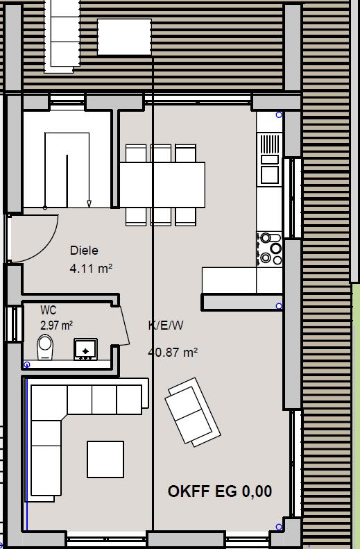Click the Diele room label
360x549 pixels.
click(x=84, y=251)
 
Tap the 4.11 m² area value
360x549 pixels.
click(x=91, y=269)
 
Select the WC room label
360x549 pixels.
click(x=49, y=310)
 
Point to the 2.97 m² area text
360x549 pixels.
click(x=56, y=326)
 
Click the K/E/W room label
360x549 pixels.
click(x=166, y=326)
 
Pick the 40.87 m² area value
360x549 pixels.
click(x=173, y=352)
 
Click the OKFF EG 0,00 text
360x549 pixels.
click(x=220, y=491)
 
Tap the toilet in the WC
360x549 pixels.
click(x=45, y=347)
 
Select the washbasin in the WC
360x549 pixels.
click(x=85, y=349)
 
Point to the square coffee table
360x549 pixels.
click(x=105, y=459)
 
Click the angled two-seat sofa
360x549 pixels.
click(x=193, y=412)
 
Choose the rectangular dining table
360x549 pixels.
click(x=162, y=185)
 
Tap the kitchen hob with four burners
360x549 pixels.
click(x=269, y=248)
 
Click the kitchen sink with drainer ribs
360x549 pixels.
click(x=270, y=160)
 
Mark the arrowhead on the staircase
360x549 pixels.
click(x=89, y=204)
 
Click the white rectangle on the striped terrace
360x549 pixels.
click(x=124, y=37)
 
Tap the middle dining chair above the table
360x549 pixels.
click(x=161, y=153)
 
